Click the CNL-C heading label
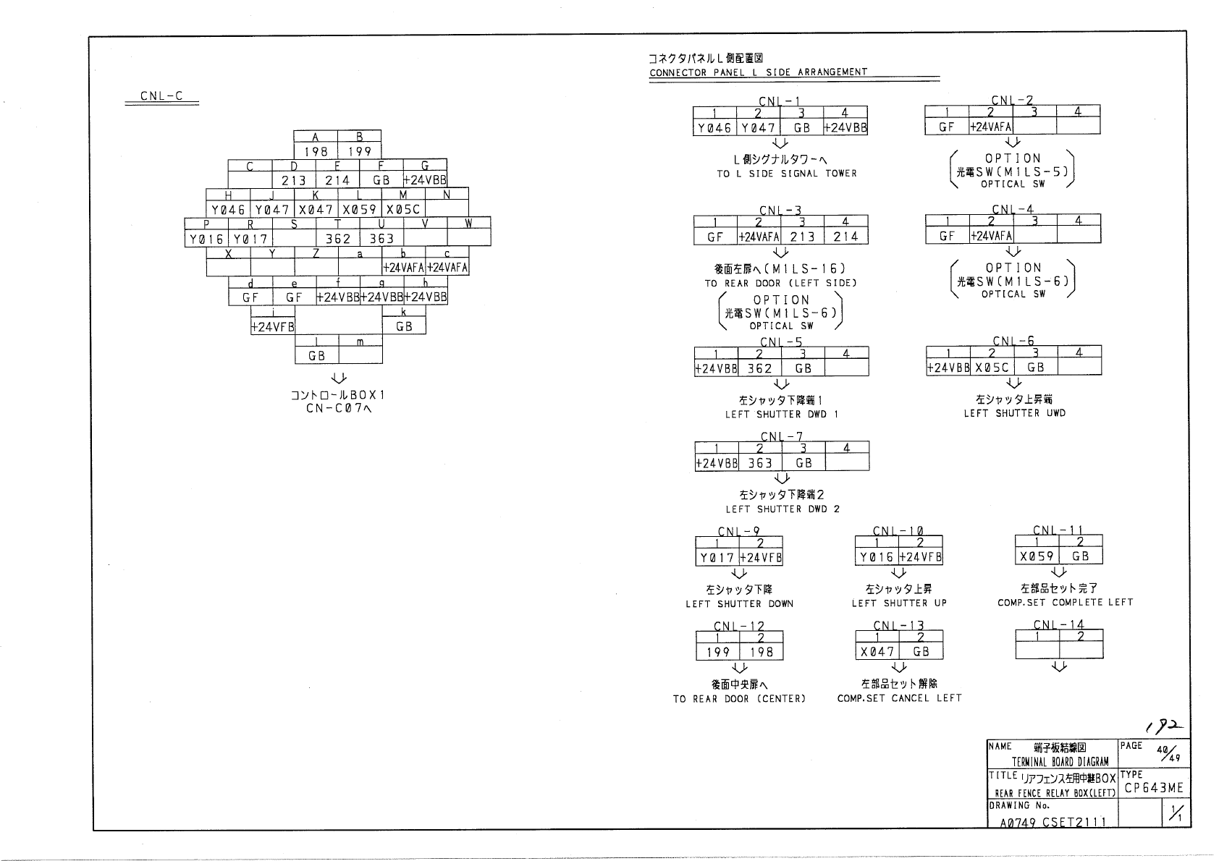161,96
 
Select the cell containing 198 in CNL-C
316,151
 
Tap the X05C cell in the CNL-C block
403,210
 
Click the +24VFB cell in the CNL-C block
273,326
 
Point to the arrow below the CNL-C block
338,378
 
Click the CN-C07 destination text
338,410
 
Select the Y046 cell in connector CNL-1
714,128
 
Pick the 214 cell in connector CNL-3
845,237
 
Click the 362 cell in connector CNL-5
759,368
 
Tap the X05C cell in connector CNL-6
992,367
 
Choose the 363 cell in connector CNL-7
760,463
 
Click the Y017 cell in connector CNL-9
717,558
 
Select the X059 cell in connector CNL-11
1037,556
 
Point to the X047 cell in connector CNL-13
877,652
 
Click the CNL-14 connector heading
1058,625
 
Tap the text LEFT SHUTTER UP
899,603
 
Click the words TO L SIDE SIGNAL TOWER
787,174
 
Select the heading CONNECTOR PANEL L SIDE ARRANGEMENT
758,72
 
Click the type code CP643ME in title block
1154,788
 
